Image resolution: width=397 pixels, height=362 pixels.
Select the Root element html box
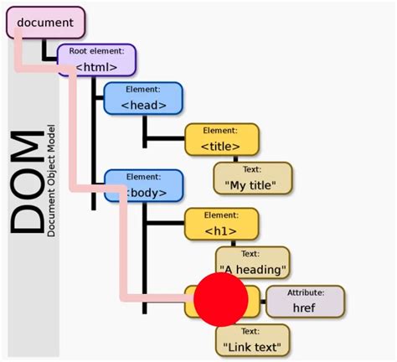(95, 59)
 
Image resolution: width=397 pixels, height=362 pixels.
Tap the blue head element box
(143, 99)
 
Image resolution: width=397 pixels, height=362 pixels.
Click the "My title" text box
(255, 178)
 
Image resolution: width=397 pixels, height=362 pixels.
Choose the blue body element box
(143, 185)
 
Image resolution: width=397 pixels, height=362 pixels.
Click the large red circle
(221, 299)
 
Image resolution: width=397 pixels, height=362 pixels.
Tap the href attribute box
(305, 302)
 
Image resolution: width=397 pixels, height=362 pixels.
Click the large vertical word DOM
(29, 180)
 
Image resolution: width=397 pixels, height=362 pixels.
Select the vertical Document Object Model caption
(52, 180)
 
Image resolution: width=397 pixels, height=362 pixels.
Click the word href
(305, 308)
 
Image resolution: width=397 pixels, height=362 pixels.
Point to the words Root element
(95, 51)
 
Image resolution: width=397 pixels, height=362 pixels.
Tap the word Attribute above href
(305, 294)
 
